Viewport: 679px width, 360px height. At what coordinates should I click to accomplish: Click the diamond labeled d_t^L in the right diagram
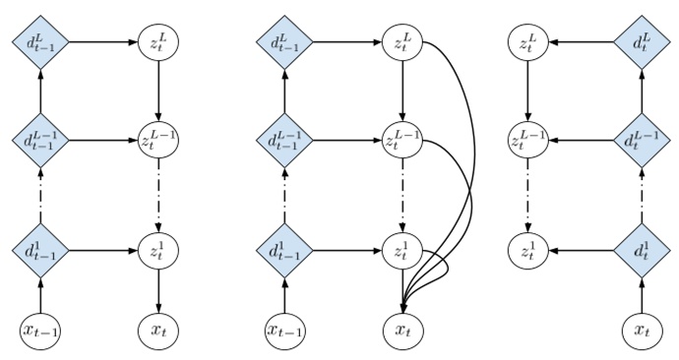(x=644, y=42)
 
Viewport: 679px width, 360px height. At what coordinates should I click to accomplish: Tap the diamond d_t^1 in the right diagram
(x=644, y=248)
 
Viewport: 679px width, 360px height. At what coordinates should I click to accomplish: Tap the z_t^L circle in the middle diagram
(x=402, y=42)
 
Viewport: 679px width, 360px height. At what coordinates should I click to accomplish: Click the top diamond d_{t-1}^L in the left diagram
(x=40, y=42)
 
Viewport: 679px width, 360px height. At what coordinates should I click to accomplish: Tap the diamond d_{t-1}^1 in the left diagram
(x=40, y=248)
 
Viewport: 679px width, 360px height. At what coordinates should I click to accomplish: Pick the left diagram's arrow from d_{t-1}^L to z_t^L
(x=98, y=42)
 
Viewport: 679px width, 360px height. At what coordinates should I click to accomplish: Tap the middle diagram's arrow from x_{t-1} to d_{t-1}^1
(x=285, y=291)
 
